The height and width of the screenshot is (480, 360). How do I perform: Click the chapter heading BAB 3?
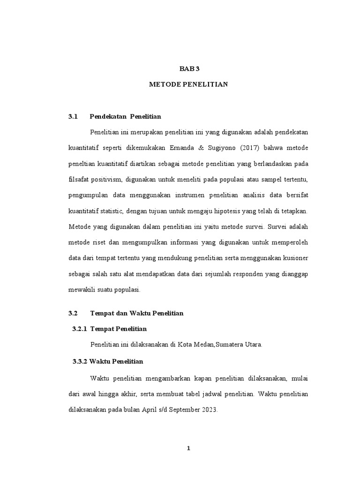tap(189, 68)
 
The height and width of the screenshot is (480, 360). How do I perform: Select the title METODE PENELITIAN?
tap(188, 84)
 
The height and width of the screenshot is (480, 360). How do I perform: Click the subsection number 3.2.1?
tap(80, 329)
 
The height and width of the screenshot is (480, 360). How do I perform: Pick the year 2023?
tap(209, 410)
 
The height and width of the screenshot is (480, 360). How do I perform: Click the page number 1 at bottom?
tap(188, 449)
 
